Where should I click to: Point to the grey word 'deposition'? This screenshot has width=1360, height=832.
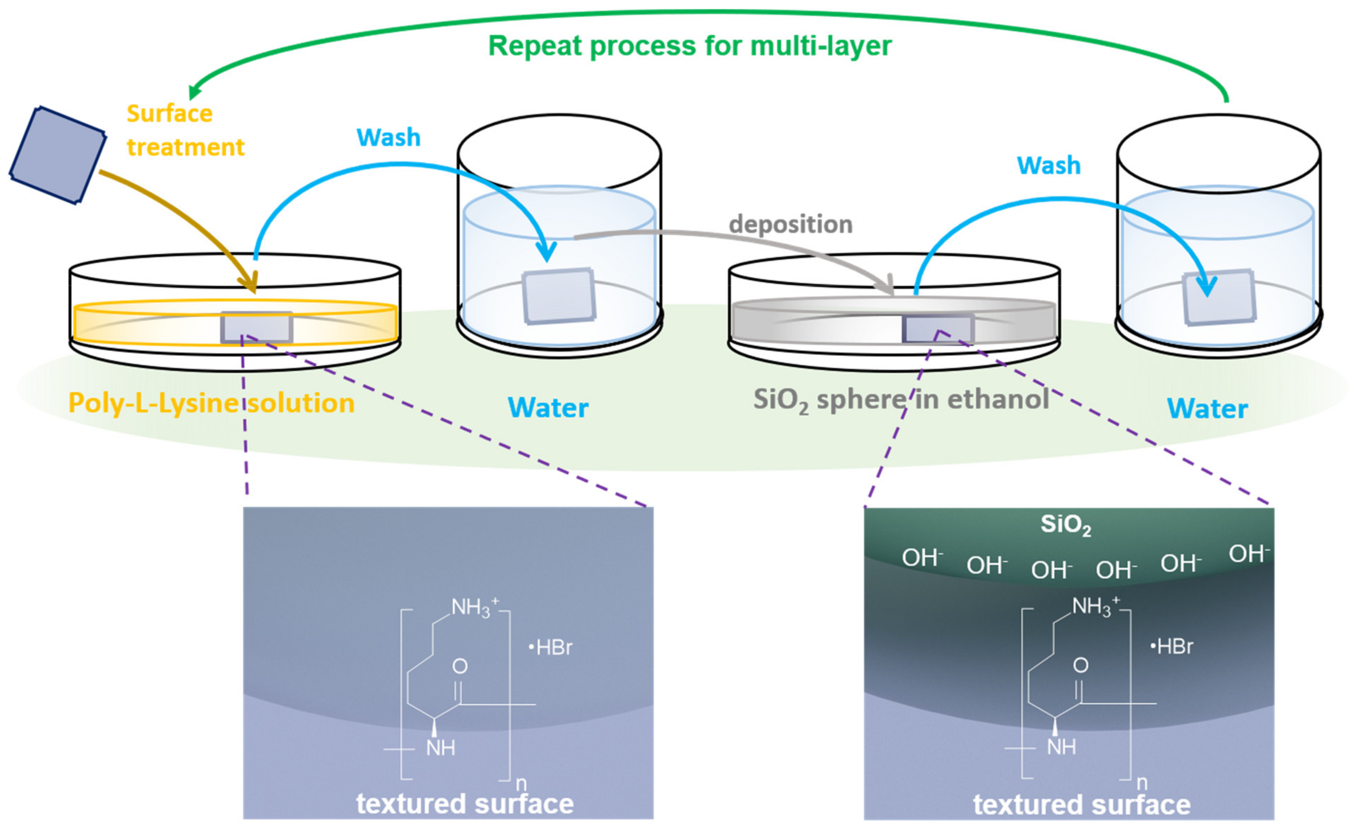(x=790, y=224)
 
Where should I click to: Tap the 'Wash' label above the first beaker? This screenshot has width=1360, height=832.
(x=389, y=137)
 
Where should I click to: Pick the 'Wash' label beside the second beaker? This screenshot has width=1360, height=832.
(x=1048, y=165)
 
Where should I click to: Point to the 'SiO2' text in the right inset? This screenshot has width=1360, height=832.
(x=1065, y=525)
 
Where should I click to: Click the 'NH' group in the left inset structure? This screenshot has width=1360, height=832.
(x=440, y=748)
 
